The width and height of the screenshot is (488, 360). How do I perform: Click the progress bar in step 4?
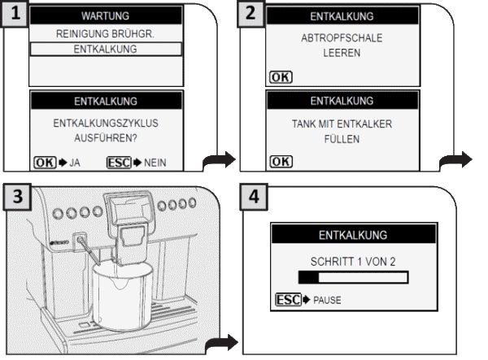click(x=352, y=278)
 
